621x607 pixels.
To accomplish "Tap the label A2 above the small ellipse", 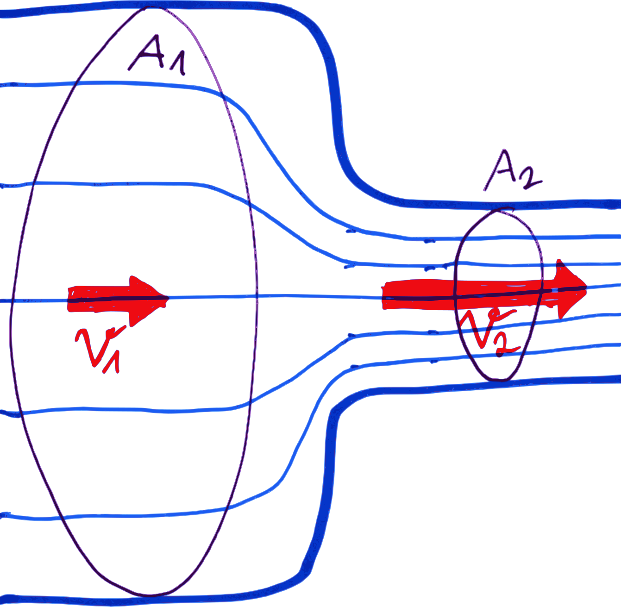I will (512, 171).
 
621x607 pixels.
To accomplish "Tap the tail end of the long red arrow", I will (384, 295).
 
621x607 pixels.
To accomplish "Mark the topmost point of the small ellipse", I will (499, 210).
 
